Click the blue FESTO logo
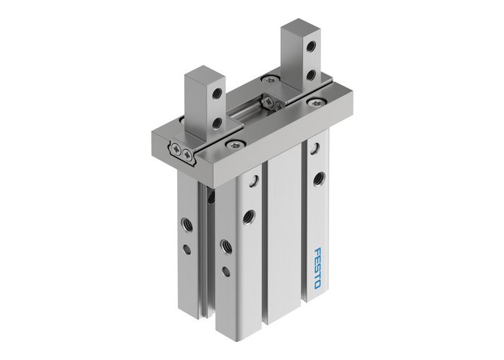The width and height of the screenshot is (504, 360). point(318,268)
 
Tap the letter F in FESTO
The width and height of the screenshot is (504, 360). point(318,252)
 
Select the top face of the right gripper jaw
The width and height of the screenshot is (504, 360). point(299,29)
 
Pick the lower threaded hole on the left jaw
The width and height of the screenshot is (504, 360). point(217,123)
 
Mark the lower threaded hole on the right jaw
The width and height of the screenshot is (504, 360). point(310,74)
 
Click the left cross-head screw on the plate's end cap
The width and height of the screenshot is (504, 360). point(176,149)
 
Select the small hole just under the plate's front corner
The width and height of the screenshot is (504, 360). point(253,181)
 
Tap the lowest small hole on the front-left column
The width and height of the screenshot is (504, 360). point(225,271)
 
